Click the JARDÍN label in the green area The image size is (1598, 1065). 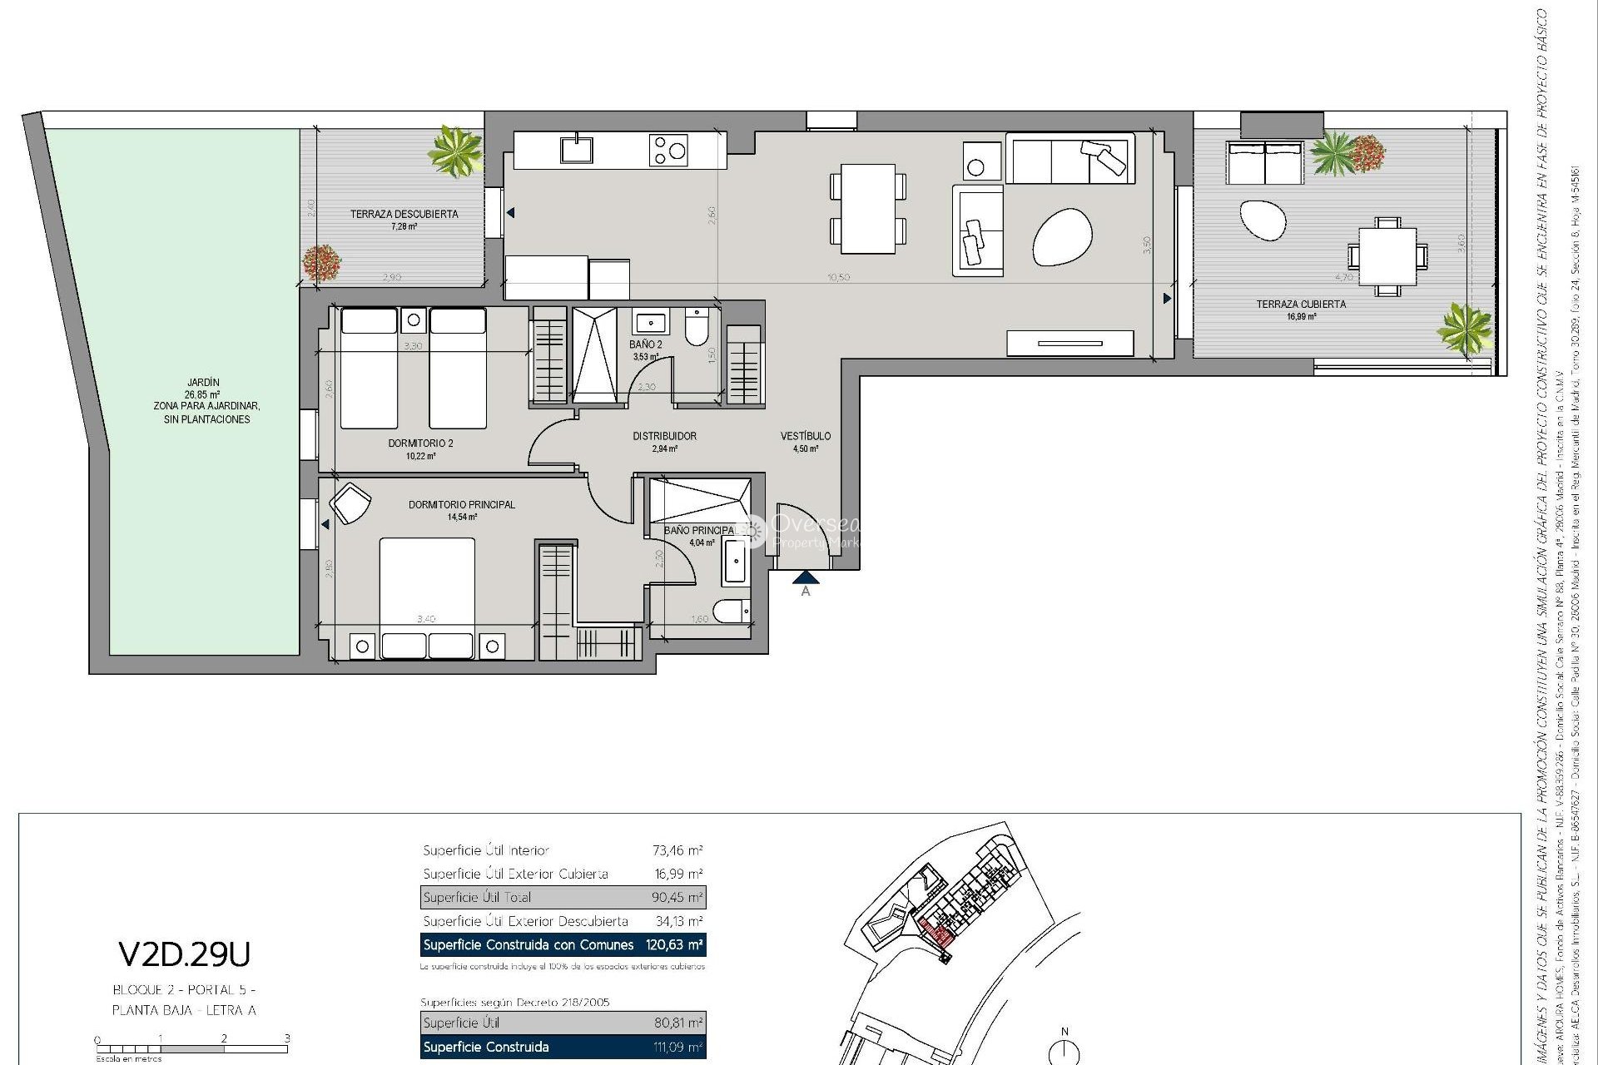[x=203, y=383]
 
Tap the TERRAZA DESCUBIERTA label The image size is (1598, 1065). [x=404, y=215]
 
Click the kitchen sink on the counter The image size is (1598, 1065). [x=576, y=150]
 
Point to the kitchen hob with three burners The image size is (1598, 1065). [x=668, y=151]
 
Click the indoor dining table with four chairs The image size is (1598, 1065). [x=867, y=209]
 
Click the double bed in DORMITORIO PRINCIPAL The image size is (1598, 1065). [x=427, y=582]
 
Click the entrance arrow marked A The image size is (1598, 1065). [x=805, y=577]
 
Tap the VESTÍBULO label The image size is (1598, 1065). [x=805, y=436]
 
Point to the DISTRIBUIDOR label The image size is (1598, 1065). [x=664, y=436]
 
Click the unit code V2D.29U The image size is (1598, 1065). [x=184, y=955]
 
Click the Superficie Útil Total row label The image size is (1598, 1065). [x=477, y=898]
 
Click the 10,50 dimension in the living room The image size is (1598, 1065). [x=838, y=278]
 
